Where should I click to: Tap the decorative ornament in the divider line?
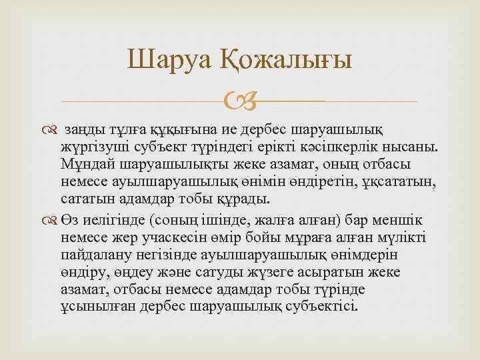[x=240, y=102]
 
